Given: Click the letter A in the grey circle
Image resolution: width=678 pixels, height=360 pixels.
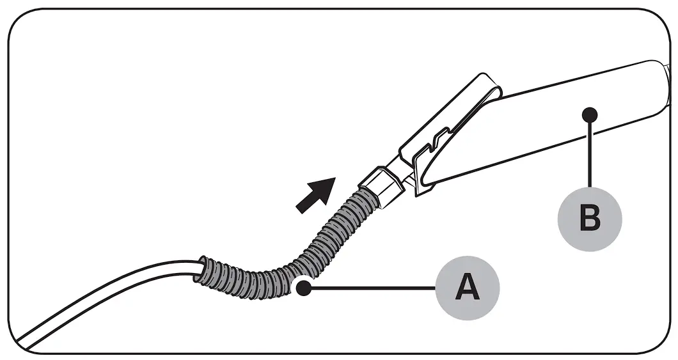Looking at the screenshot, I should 468,289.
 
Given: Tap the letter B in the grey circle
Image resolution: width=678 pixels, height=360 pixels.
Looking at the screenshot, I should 589,219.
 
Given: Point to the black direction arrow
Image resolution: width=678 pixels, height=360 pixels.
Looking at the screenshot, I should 316,194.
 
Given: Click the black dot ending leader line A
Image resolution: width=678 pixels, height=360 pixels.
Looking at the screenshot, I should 304,289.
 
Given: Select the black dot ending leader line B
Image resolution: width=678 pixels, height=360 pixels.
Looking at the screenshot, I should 590,115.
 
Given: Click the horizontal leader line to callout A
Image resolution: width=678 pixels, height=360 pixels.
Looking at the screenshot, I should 371,289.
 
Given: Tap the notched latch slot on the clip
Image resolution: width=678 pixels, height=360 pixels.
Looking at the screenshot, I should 435,145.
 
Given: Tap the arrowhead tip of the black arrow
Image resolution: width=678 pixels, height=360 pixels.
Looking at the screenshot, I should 334,178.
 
